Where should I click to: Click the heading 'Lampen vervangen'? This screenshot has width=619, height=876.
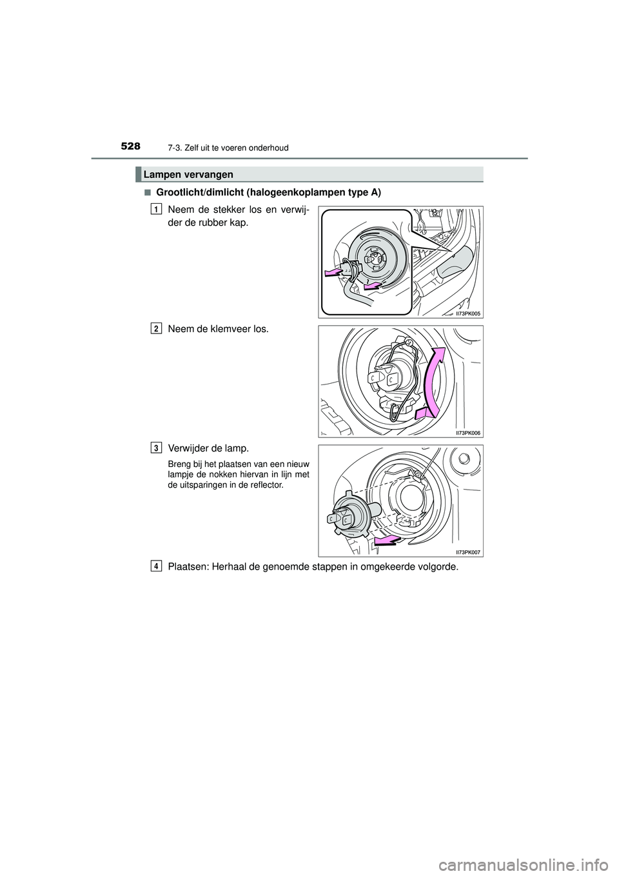(188, 174)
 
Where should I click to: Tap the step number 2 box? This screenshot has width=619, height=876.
(157, 328)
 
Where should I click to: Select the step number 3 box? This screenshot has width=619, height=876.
(157, 447)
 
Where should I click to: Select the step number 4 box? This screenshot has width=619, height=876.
(157, 566)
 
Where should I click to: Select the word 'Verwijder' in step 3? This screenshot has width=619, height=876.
(190, 448)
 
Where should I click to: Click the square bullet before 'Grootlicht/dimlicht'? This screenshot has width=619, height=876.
(147, 193)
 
